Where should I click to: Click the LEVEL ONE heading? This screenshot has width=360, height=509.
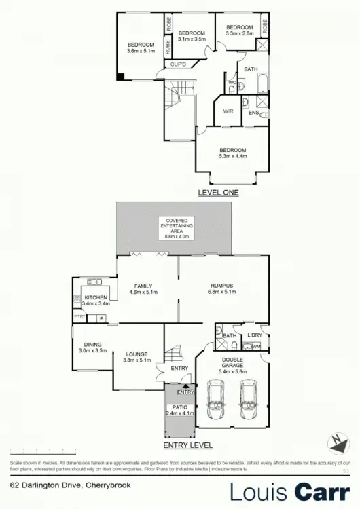[x=218, y=193]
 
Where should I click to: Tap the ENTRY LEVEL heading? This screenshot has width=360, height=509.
[x=188, y=446]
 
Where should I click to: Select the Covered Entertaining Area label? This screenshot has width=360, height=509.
[x=175, y=228]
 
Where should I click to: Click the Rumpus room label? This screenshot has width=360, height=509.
[x=222, y=289]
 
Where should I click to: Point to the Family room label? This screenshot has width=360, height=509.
[x=143, y=289]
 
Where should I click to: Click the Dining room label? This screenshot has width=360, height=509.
[x=92, y=347]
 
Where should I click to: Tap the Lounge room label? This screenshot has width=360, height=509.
[x=137, y=356]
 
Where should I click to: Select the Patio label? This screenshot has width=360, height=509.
[x=181, y=409]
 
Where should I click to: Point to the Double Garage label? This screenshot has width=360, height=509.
[x=233, y=366]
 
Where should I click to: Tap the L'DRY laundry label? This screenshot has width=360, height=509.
[x=255, y=335]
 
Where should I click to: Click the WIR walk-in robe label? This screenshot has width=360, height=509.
[x=228, y=112]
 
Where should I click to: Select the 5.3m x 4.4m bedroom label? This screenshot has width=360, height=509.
[x=233, y=153]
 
